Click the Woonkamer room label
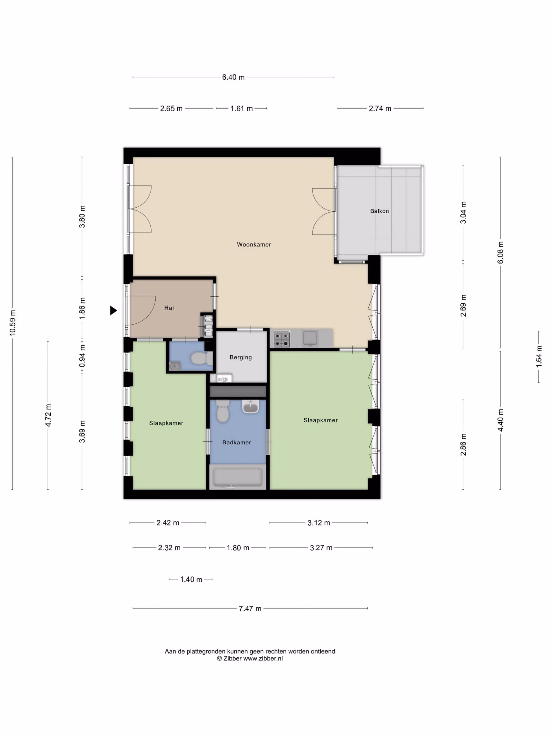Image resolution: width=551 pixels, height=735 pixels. click(x=254, y=245)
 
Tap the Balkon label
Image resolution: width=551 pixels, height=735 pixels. click(x=379, y=211)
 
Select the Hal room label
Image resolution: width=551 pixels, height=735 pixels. click(x=169, y=308)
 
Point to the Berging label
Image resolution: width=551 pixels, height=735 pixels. click(x=240, y=358)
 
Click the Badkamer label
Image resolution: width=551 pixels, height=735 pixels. click(x=236, y=442)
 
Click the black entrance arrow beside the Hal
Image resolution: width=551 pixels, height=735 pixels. click(x=113, y=310)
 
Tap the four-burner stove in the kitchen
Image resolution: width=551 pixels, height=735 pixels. click(x=282, y=339)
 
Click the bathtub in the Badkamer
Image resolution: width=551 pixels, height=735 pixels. click(x=237, y=477)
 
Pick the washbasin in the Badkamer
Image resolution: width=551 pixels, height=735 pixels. click(x=250, y=406)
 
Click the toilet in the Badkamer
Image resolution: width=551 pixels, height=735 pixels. click(x=222, y=411)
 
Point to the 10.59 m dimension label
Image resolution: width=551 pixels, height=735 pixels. click(x=13, y=323)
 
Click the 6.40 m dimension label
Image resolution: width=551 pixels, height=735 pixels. click(x=233, y=77)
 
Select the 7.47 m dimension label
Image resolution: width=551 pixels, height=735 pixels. click(x=250, y=608)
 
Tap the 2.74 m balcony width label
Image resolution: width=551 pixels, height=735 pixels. click(x=380, y=109)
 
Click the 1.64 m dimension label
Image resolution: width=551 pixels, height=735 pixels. click(x=538, y=356)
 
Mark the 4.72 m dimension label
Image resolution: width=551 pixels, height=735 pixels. click(x=48, y=415)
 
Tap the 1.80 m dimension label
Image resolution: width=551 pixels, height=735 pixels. click(x=238, y=548)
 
